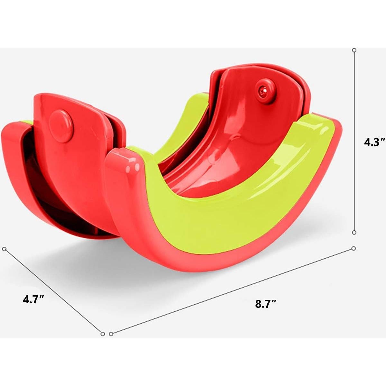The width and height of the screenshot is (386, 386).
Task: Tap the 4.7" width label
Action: pyautogui.click(x=33, y=299)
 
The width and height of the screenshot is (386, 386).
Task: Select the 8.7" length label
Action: pyautogui.click(x=266, y=304)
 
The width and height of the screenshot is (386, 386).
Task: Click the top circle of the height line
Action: pyautogui.click(x=354, y=50)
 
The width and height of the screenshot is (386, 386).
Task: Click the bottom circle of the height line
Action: pyautogui.click(x=354, y=232)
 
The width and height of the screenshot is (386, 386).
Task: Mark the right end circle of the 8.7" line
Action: pyautogui.click(x=354, y=248)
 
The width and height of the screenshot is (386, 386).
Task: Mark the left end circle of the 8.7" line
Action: pyautogui.click(x=111, y=334)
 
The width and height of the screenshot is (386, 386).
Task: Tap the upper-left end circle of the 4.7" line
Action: pyautogui.click(x=5, y=249)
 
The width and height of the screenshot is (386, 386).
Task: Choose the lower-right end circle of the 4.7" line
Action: pyautogui.click(x=103, y=334)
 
